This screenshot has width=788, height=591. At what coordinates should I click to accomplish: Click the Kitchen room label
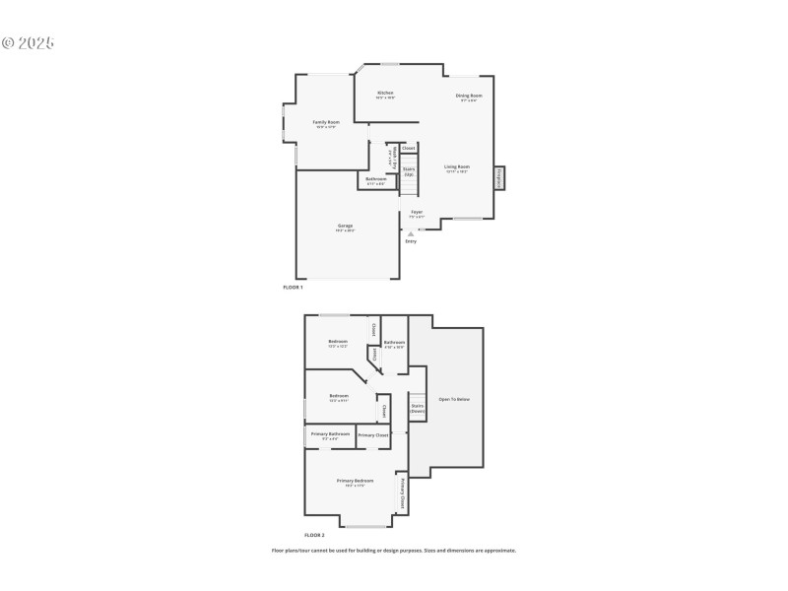[385, 94]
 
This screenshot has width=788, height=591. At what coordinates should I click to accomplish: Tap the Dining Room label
[468, 96]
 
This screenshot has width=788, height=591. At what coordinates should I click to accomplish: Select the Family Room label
[326, 122]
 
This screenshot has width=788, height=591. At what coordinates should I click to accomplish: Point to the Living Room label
[456, 167]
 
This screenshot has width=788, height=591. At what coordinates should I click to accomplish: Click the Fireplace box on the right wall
[499, 178]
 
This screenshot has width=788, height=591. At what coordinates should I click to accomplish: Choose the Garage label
[345, 226]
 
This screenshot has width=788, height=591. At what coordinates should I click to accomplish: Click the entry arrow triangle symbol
[411, 233]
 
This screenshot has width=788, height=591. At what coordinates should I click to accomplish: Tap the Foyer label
[417, 212]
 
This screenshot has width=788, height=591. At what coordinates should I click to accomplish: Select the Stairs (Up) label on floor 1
[409, 170]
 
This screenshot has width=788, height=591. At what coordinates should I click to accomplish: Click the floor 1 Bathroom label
[376, 179]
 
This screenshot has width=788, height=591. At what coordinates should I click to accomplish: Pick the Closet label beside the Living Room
[409, 148]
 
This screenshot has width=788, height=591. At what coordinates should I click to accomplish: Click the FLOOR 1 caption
[293, 287]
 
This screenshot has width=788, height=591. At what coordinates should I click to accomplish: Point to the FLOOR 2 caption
[313, 533]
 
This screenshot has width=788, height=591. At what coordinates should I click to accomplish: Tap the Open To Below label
[454, 399]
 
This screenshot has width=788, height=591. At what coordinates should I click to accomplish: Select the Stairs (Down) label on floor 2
[417, 407]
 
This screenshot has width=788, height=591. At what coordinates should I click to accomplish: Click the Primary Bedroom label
[356, 481]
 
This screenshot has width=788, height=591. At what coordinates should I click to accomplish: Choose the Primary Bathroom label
[331, 433]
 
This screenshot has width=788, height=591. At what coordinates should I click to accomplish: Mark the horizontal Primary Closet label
[373, 434]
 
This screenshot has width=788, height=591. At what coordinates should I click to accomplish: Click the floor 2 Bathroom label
[394, 343]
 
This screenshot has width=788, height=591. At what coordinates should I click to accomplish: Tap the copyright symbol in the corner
[7, 43]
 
